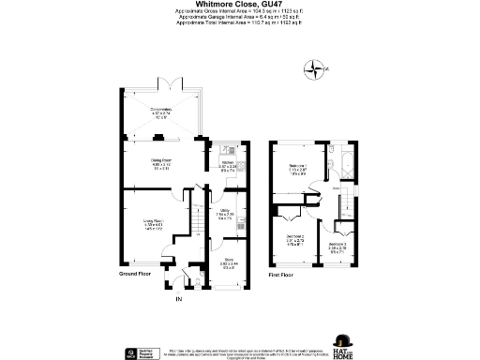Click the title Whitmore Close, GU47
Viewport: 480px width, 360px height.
tap(239, 5)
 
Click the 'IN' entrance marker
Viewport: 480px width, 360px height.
tap(177, 299)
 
